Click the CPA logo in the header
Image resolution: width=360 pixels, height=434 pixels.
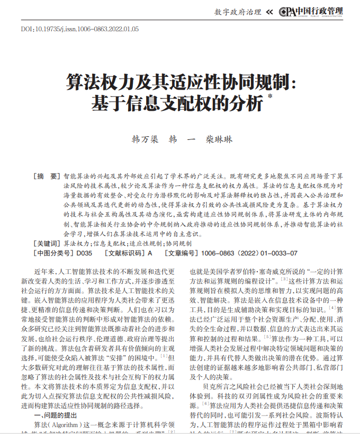[x=287, y=12]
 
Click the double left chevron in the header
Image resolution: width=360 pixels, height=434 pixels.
[x=269, y=12]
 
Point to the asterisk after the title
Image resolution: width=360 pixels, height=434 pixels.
[x=270, y=96]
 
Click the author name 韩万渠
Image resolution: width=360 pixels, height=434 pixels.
[x=145, y=140]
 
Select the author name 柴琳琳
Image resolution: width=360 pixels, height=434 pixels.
[x=219, y=140]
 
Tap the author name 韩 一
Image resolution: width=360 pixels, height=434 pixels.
[x=182, y=140]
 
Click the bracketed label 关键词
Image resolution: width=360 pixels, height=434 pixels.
[x=48, y=243]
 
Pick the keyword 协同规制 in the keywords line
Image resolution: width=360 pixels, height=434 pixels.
[x=178, y=243]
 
